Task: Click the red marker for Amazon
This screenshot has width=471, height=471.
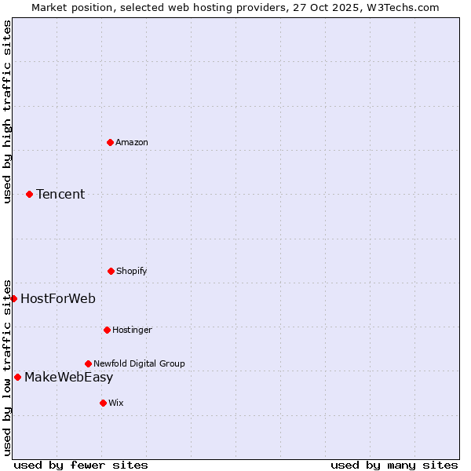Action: pyautogui.click(x=110, y=142)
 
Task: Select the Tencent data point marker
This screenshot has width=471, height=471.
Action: pyautogui.click(x=29, y=194)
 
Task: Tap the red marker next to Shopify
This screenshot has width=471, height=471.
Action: pyautogui.click(x=111, y=271)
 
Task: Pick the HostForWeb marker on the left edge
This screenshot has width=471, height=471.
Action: pyautogui.click(x=13, y=298)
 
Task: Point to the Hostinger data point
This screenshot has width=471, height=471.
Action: pyautogui.click(x=107, y=330)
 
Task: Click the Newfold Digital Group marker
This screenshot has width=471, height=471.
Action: pyautogui.click(x=88, y=363)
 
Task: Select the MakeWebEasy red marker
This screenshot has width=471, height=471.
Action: pyautogui.click(x=17, y=377)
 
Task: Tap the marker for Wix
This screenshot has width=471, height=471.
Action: pyautogui.click(x=103, y=403)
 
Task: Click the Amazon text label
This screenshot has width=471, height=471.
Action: pyautogui.click(x=132, y=142)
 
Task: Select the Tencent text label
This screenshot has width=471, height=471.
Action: pyautogui.click(x=60, y=194)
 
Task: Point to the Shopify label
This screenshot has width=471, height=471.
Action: pyautogui.click(x=132, y=271)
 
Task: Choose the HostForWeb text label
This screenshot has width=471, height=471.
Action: pyautogui.click(x=58, y=298)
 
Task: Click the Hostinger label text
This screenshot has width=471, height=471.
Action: pyautogui.click(x=132, y=330)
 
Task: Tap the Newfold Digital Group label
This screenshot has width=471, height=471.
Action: pyautogui.click(x=139, y=363)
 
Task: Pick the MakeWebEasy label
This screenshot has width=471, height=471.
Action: pyautogui.click(x=68, y=377)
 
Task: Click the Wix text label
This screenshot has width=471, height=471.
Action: pyautogui.click(x=116, y=403)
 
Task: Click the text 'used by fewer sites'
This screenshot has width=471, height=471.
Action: pyautogui.click(x=81, y=465)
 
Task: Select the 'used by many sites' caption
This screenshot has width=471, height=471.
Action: pyautogui.click(x=394, y=465)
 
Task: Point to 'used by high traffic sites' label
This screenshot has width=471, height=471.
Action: pyautogui.click(x=7, y=111)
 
